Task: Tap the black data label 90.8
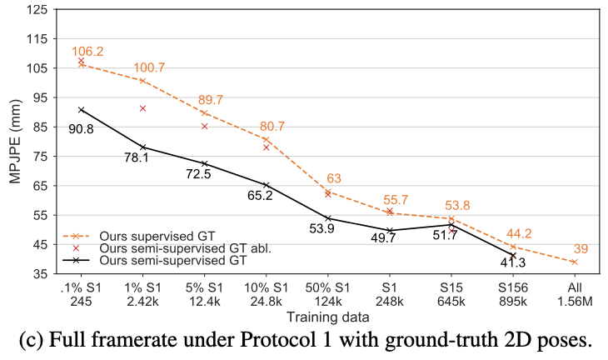tap(82, 128)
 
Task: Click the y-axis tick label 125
tap(37, 10)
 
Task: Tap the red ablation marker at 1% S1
tap(143, 108)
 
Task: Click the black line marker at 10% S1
tap(266, 185)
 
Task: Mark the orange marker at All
tap(574, 262)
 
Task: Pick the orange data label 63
tap(333, 178)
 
